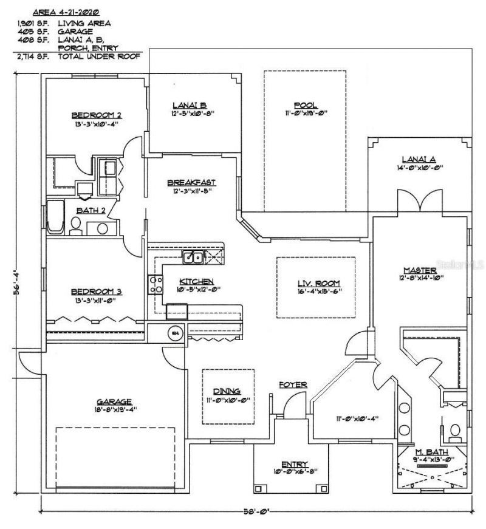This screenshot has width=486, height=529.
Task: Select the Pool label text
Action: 304,104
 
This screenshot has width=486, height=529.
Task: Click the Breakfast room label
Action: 191,182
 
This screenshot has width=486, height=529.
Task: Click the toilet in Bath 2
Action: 76,227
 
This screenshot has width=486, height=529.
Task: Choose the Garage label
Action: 114,401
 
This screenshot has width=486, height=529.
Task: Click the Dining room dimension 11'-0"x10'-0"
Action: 228,399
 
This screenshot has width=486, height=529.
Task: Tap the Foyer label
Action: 293,385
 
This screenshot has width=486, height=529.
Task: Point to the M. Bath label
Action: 427,452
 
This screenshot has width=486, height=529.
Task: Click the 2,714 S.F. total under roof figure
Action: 28,55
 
